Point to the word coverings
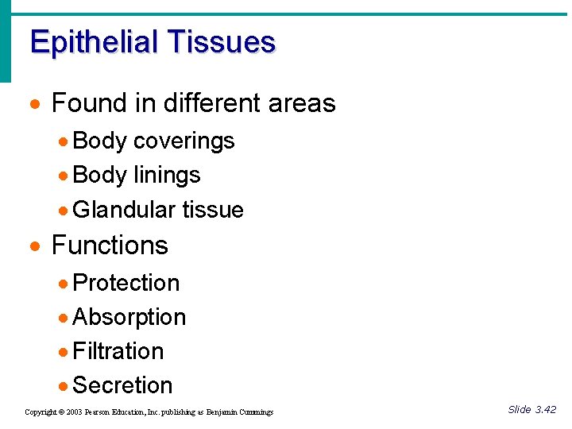(x=184, y=141)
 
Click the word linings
(x=167, y=175)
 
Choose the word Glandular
(x=124, y=210)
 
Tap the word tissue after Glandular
(x=213, y=210)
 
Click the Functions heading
(x=110, y=245)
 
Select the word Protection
(x=126, y=283)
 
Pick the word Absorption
(x=129, y=317)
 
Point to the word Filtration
(x=118, y=351)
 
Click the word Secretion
(x=122, y=385)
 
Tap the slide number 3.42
(x=546, y=410)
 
